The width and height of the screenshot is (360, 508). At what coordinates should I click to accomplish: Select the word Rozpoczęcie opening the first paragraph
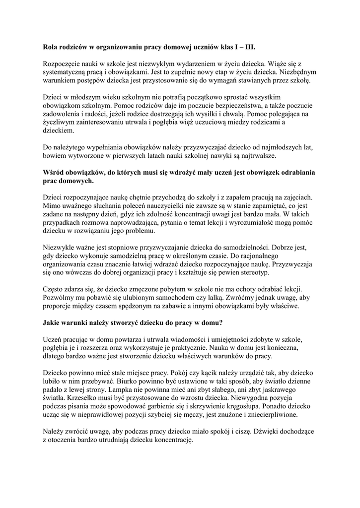click(65, 63)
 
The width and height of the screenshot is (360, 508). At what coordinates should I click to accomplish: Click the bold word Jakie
click(53, 322)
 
